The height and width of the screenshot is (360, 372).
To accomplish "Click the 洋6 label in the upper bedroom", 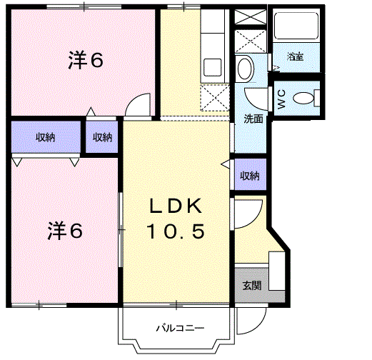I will (86, 60).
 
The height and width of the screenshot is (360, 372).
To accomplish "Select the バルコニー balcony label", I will (181, 328).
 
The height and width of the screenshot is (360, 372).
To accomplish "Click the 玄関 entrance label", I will (251, 286).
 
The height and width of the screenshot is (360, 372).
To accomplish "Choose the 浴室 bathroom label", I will (295, 56).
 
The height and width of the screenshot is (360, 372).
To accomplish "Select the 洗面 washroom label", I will (253, 119).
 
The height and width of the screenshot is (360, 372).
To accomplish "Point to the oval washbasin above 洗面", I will (245, 69).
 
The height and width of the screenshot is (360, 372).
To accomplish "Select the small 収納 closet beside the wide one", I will (102, 137).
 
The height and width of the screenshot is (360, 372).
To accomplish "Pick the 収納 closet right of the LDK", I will (249, 175).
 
